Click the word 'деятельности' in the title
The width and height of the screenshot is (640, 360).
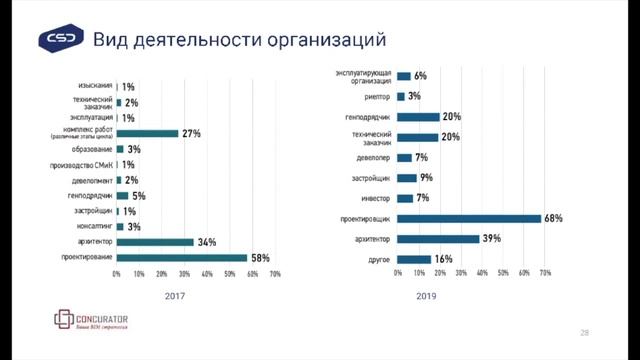pyautogui.click(x=189, y=40)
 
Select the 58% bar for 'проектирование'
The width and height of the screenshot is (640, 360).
pyautogui.click(x=182, y=258)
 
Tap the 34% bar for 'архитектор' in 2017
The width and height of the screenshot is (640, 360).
pyautogui.click(x=155, y=241)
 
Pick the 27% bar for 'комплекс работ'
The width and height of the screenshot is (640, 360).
pyautogui.click(x=147, y=133)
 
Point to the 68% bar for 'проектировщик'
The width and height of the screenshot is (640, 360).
pyautogui.click(x=469, y=218)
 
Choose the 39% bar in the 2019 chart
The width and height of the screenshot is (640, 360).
pyautogui.click(x=438, y=238)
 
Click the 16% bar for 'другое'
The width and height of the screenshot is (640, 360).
pyautogui.click(x=414, y=259)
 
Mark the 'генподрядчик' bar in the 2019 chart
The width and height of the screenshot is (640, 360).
pyautogui.click(x=418, y=116)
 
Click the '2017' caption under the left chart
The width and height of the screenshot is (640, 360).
pyautogui.click(x=176, y=296)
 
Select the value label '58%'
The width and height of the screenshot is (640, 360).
pyautogui.click(x=260, y=258)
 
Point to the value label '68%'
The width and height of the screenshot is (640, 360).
pyautogui.click(x=554, y=218)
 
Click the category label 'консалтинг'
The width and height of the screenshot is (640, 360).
pyautogui.click(x=93, y=226)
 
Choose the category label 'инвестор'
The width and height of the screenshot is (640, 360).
pyautogui.click(x=375, y=198)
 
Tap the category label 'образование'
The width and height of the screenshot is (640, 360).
pyautogui.click(x=91, y=149)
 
